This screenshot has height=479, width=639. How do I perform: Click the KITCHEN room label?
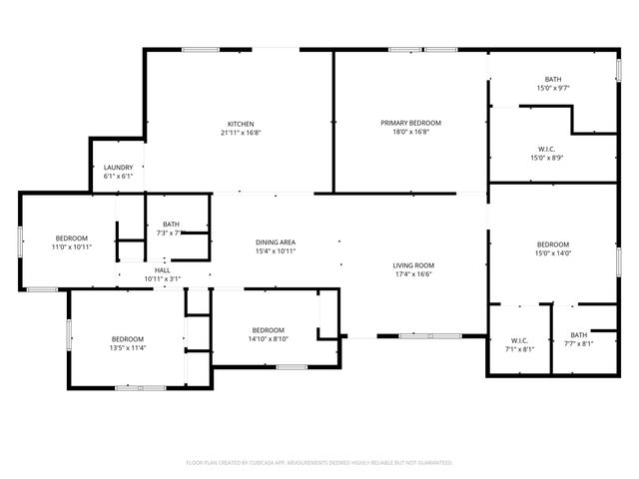(x=240, y=123)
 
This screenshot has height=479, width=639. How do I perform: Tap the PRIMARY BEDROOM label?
(x=410, y=123)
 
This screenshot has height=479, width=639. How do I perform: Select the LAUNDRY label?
(x=118, y=167)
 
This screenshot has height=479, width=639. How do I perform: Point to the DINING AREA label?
(x=276, y=242)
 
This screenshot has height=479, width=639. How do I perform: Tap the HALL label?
(x=163, y=270)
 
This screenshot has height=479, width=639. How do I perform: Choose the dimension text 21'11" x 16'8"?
(x=240, y=132)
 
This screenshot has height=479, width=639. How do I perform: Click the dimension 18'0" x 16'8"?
(x=410, y=132)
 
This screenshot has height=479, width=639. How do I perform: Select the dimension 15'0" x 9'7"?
(x=552, y=88)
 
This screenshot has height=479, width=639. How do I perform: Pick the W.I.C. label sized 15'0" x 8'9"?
(x=552, y=149)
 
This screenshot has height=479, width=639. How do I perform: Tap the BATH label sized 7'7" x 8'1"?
(x=579, y=335)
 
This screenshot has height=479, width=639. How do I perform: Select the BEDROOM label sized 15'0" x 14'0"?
(x=552, y=244)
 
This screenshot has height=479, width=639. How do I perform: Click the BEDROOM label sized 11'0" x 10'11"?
(x=71, y=238)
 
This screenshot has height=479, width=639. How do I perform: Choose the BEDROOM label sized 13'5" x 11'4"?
(x=128, y=339)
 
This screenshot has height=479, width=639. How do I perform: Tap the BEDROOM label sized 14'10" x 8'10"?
(x=269, y=330)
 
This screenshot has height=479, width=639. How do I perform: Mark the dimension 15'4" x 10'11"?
(x=276, y=251)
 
